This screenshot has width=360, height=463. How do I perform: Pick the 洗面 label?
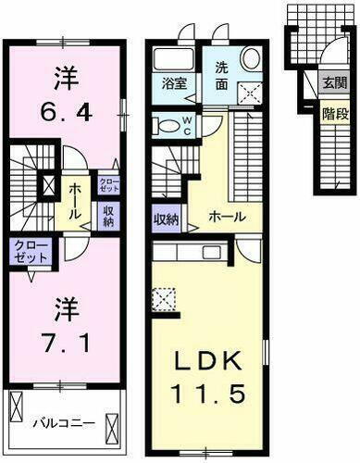coord(226,75)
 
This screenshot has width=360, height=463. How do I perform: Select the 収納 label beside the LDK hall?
coord(166,219)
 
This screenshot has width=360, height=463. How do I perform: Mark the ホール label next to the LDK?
coord(226,216)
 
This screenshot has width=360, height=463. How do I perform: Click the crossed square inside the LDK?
coord(164,299)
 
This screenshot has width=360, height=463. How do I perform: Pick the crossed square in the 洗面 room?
coord(248,91)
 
